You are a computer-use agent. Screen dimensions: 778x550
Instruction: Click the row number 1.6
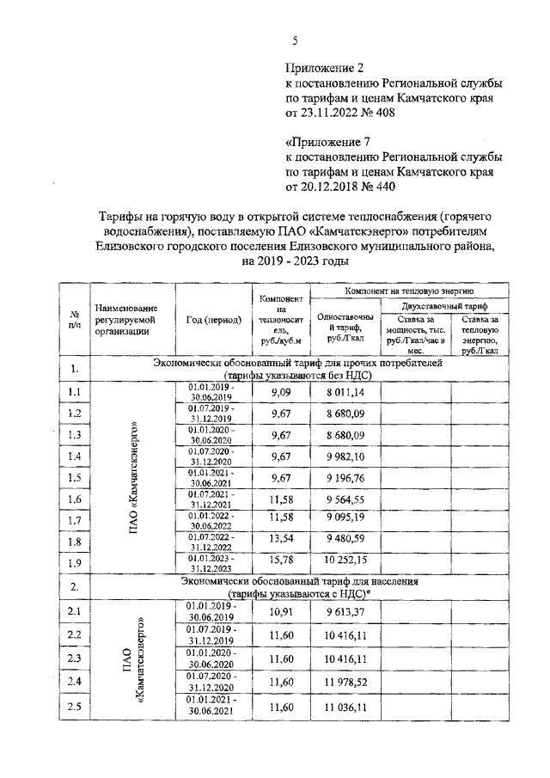point(74,499)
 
